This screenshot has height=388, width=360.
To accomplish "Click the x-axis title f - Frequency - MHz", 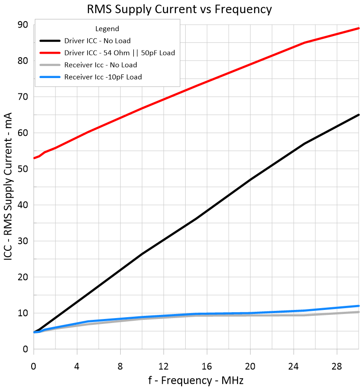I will pos(196,380).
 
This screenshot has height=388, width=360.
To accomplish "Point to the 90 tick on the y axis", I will pos(23,24).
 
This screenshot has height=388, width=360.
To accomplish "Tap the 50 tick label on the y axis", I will pos(23,169).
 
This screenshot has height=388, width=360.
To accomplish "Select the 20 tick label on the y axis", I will pos(23,277).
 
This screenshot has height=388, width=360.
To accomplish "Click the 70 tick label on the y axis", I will pos(23,97).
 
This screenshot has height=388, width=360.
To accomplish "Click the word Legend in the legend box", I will pos(107,29).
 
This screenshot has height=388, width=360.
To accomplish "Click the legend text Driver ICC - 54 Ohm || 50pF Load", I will pos(120,53).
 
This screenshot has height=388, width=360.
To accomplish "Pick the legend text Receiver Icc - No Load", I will pos(101,65).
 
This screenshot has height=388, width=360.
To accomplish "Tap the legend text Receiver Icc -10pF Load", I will pos(103,77).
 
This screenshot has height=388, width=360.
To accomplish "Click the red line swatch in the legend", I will pos(50,53).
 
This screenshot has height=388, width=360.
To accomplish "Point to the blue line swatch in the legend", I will pos(50,77).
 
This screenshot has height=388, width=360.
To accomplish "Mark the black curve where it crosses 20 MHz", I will pos(250,180).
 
